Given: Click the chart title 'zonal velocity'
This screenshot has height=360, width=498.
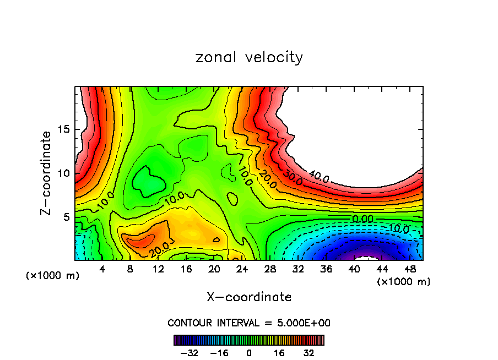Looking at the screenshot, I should (x=249, y=57).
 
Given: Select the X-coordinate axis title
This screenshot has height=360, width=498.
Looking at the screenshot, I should (x=249, y=297).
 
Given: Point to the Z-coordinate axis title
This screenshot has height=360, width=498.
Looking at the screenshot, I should (x=47, y=173).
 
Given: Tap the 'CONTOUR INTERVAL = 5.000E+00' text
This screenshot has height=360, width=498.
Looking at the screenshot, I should (x=249, y=323).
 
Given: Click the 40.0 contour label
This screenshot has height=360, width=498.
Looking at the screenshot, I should (x=318, y=177).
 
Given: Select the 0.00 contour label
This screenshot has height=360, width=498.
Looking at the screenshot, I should (x=362, y=219).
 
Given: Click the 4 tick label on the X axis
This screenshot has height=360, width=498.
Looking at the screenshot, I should (x=102, y=270).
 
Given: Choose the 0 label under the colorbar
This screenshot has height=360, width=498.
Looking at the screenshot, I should (x=249, y=353).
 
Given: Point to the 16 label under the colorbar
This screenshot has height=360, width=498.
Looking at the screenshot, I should (x=279, y=353).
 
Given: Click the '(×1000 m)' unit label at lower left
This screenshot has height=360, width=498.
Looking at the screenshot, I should (x=53, y=276).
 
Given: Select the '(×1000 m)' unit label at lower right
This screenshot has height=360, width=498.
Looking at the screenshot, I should (x=403, y=282).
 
